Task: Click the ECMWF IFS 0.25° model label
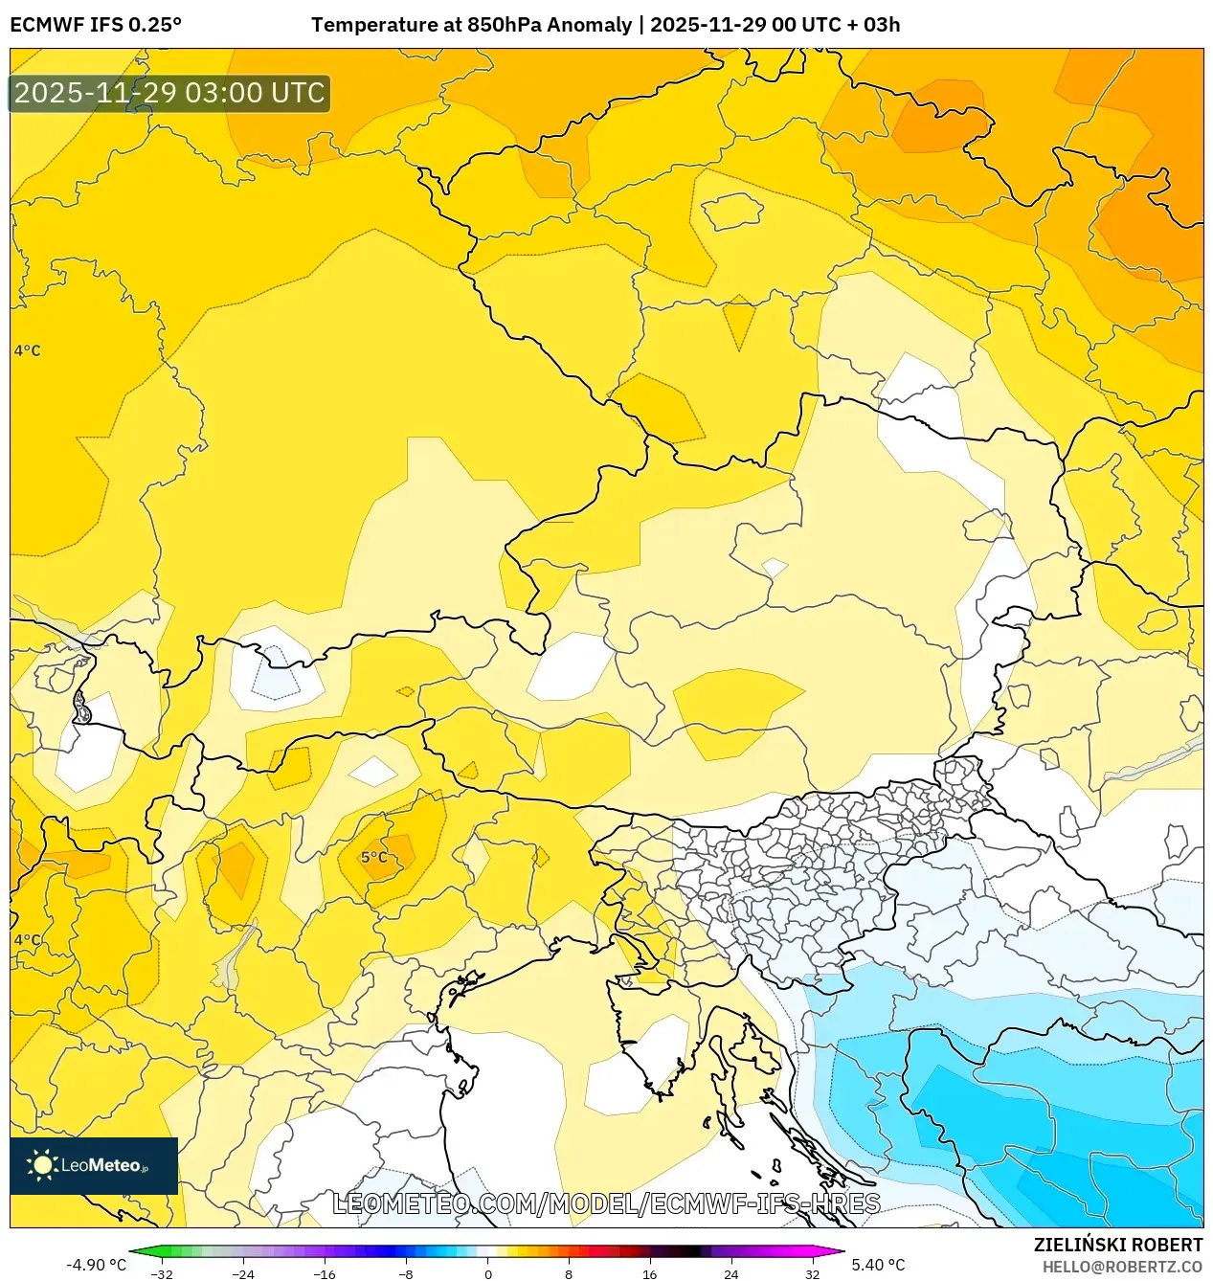pyautogui.click(x=96, y=25)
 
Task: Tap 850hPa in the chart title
pyautogui.click(x=503, y=25)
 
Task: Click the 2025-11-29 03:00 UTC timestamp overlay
pyautogui.click(x=169, y=93)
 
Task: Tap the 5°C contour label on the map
pyautogui.click(x=374, y=857)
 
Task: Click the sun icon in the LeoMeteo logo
pyautogui.click(x=42, y=1165)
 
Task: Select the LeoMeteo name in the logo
pyautogui.click(x=101, y=1165)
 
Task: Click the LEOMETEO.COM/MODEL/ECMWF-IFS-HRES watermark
pyautogui.click(x=606, y=1203)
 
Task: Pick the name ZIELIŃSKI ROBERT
pyautogui.click(x=1118, y=1245)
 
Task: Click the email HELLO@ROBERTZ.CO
pyautogui.click(x=1122, y=1267)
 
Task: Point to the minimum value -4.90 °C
pyautogui.click(x=96, y=1265)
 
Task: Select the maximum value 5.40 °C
pyautogui.click(x=878, y=1265)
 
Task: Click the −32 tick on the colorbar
pyautogui.click(x=163, y=1274)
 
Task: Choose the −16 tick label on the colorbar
pyautogui.click(x=325, y=1274)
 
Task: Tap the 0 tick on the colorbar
pyautogui.click(x=487, y=1274)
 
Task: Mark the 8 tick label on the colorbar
pyautogui.click(x=569, y=1274)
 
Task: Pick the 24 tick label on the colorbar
pyautogui.click(x=730, y=1274)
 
